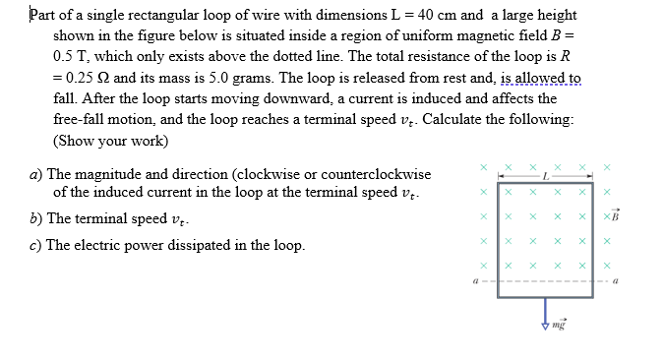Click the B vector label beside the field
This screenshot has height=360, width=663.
pos(616,215)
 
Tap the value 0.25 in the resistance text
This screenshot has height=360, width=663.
pos(73,78)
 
